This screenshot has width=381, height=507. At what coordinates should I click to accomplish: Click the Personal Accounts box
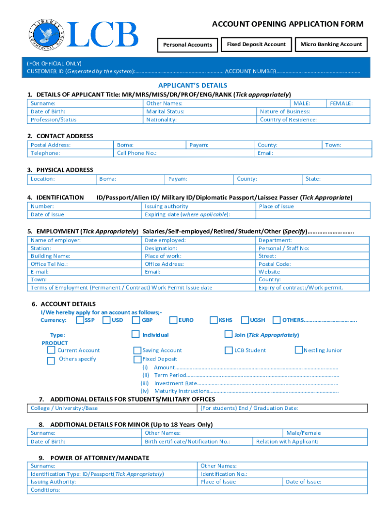(188, 45)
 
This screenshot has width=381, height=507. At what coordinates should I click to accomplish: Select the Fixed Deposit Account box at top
(256, 45)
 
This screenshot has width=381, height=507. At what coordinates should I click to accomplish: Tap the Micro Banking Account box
(331, 45)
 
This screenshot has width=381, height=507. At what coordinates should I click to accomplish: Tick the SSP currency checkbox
(80, 320)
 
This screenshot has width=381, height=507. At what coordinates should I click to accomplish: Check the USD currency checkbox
(106, 320)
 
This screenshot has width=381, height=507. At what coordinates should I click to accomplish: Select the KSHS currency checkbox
(214, 320)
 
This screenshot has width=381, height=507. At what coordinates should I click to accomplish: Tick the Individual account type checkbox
(136, 335)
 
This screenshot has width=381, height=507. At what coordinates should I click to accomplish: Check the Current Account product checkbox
(51, 351)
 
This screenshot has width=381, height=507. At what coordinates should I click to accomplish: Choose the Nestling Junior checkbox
(298, 351)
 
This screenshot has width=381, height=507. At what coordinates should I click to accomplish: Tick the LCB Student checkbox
(229, 351)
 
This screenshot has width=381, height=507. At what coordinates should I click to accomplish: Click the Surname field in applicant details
(85, 103)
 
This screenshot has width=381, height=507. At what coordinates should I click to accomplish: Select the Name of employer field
(85, 240)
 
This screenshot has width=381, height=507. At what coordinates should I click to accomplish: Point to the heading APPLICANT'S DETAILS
(192, 85)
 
